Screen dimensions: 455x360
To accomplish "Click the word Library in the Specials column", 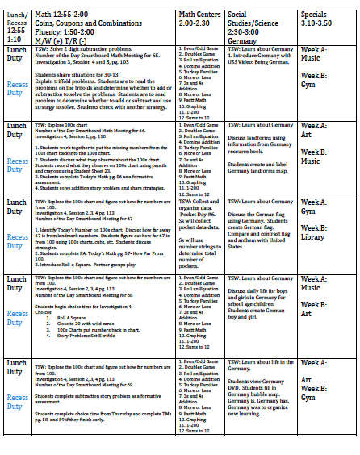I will pos(316,237).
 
